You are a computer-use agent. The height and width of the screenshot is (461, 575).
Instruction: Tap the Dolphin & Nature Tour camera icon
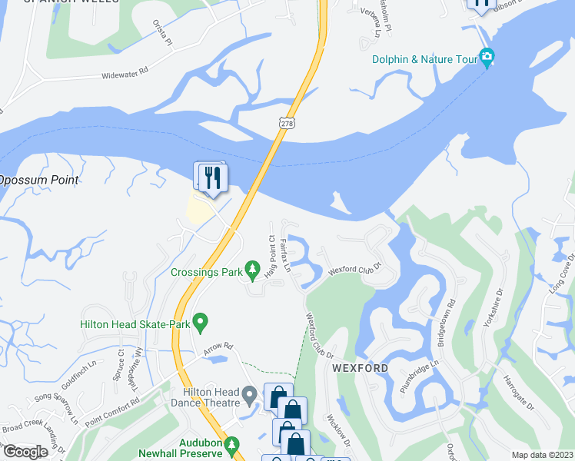coord(486,57)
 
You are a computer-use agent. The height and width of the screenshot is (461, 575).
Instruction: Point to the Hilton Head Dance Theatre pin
coord(249,396)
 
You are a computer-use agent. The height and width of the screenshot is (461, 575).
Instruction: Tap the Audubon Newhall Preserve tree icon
coord(236,444)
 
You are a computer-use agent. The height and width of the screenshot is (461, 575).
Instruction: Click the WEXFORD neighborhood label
coord(360,368)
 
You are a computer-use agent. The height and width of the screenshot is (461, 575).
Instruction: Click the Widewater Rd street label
coord(134,76)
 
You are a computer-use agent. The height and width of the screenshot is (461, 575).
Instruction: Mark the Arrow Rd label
coord(218,349)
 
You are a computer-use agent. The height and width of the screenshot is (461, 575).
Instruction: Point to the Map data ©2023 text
coord(542,455)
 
